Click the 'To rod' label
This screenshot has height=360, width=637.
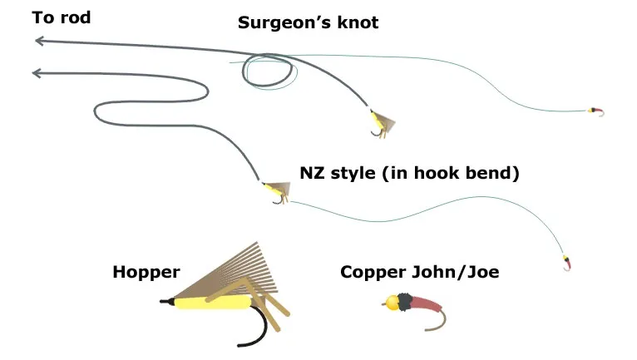point(62,17)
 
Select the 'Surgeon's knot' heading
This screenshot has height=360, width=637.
point(308,22)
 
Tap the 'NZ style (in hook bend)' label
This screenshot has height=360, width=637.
point(409,175)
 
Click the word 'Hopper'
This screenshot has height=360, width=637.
point(146,272)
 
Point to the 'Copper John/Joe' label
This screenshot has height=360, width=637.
point(419,272)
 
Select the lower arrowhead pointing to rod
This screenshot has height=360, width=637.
point(37,74)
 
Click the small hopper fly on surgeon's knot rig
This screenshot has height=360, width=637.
point(381,123)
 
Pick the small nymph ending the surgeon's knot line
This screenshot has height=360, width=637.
point(595,111)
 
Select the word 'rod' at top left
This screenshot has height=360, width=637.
point(76,17)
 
